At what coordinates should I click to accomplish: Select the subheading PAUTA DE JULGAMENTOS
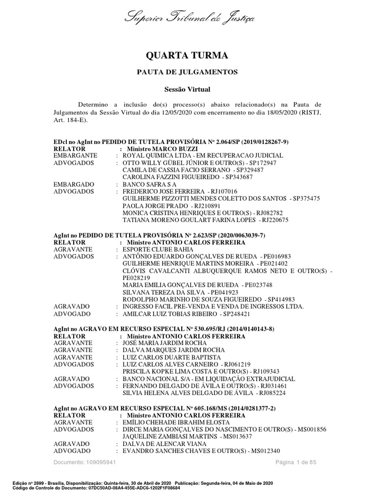[x=187, y=72]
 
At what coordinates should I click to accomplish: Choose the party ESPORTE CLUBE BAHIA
[x=155, y=249]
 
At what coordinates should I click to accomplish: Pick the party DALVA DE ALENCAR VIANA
[x=161, y=444]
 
